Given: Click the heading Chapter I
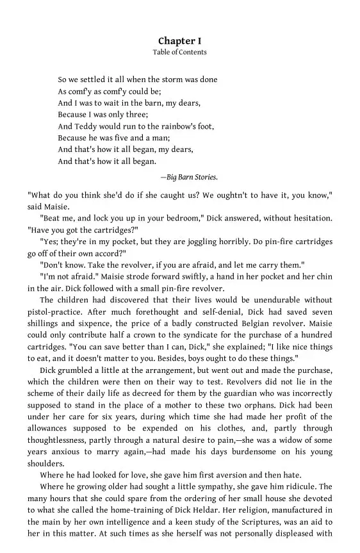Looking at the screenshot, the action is pyautogui.click(x=179, y=41).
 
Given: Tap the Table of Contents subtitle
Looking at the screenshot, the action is pyautogui.click(x=179, y=53).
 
